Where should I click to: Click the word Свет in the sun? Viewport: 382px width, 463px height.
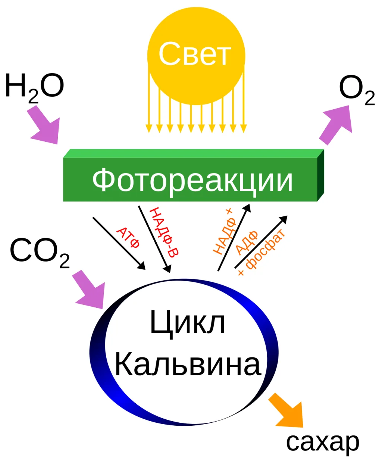[195, 53]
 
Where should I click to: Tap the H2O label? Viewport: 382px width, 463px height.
[35, 88]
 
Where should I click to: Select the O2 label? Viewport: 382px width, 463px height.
[357, 90]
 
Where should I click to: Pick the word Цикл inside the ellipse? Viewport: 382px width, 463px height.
[188, 323]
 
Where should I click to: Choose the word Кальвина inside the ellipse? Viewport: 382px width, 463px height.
[188, 364]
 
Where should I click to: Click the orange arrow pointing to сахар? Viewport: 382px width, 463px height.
[287, 411]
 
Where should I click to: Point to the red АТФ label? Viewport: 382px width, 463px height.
[128, 238]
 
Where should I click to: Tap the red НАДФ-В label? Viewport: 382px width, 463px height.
[164, 232]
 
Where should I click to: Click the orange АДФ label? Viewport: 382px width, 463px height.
[247, 243]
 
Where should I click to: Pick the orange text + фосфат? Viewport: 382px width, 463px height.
[261, 253]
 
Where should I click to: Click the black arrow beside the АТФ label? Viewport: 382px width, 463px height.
[119, 243]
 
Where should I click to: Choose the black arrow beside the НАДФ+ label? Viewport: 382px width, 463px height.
[234, 237]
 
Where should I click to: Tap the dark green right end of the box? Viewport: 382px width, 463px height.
[321, 175]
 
